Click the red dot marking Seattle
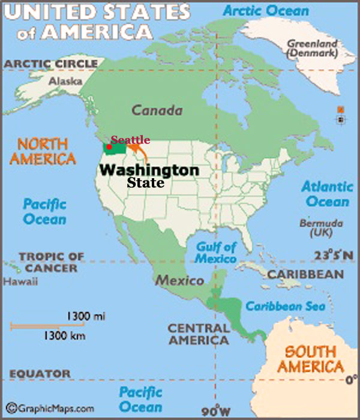click(110, 146)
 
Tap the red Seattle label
click(130, 139)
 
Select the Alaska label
click(61, 80)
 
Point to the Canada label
click(157, 110)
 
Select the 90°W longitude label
click(214, 412)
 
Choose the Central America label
click(198, 334)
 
